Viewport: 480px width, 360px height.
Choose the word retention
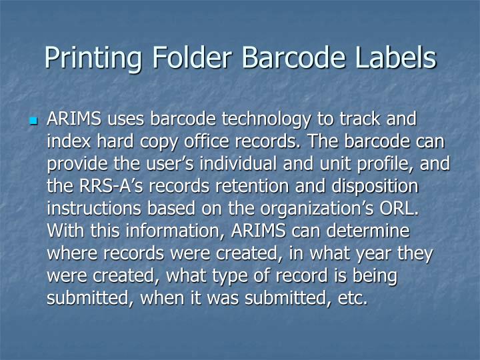click(258, 186)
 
